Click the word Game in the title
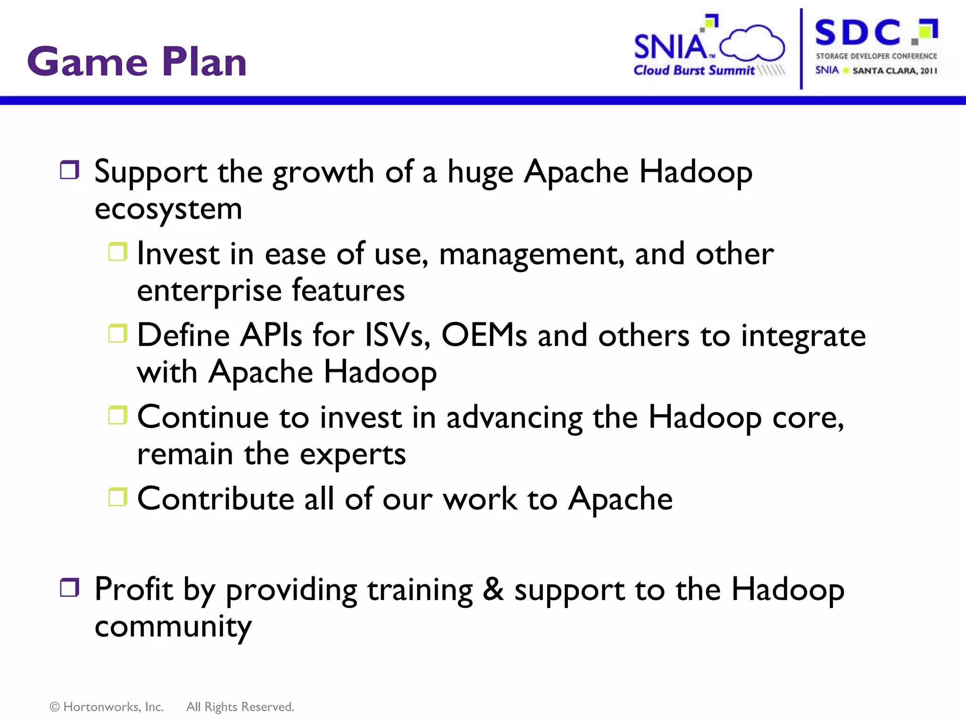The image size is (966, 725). (x=87, y=62)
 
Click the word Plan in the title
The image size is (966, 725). (x=204, y=62)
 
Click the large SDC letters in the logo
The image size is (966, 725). (x=858, y=33)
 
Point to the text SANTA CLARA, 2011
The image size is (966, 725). (x=894, y=71)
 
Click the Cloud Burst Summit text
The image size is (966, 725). (x=693, y=70)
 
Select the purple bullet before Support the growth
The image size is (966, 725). (x=70, y=170)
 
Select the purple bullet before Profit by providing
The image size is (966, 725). (x=70, y=588)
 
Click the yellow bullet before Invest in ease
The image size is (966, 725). (x=118, y=252)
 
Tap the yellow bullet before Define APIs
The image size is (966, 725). (x=118, y=333)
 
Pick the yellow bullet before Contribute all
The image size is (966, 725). (x=118, y=497)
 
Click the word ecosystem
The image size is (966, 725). (x=168, y=209)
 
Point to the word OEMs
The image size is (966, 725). (x=484, y=335)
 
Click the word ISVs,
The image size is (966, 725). (x=398, y=335)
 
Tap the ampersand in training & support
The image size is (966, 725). (x=493, y=590)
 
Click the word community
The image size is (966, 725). (x=173, y=627)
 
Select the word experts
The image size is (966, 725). (x=352, y=455)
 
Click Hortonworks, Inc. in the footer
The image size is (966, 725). (x=113, y=707)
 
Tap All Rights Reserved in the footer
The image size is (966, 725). (x=240, y=707)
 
